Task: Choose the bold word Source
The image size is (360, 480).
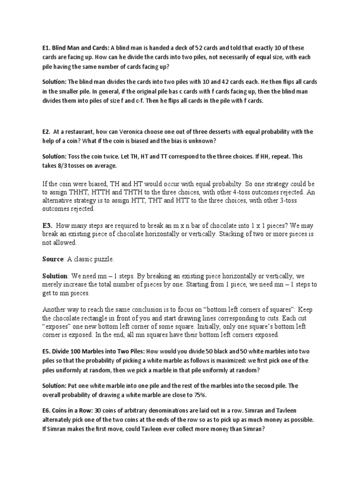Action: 52,259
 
